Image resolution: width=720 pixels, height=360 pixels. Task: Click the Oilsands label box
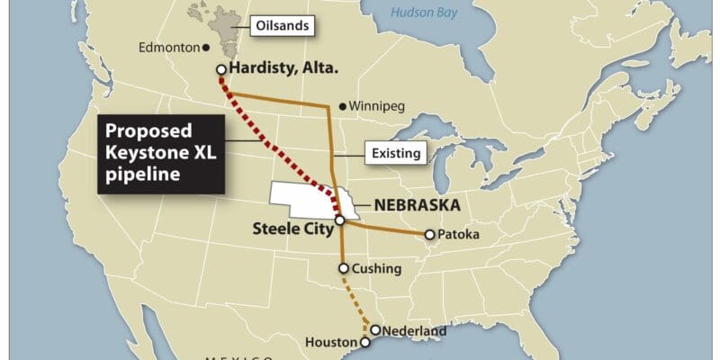click(x=285, y=26)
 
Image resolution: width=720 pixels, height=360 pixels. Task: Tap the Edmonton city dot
click(x=205, y=48)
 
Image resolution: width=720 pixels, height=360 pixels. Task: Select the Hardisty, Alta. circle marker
click(x=220, y=69)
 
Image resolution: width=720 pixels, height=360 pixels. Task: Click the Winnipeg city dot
click(x=343, y=106)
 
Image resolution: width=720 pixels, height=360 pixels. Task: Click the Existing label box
click(x=395, y=153)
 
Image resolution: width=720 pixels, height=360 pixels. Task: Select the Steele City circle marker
click(x=339, y=220)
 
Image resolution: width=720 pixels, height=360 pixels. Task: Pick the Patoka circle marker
click(x=429, y=235)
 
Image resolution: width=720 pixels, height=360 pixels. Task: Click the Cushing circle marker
click(x=344, y=267)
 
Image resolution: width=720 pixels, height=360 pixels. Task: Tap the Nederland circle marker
click(x=375, y=330)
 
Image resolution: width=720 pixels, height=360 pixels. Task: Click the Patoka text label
click(x=460, y=235)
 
